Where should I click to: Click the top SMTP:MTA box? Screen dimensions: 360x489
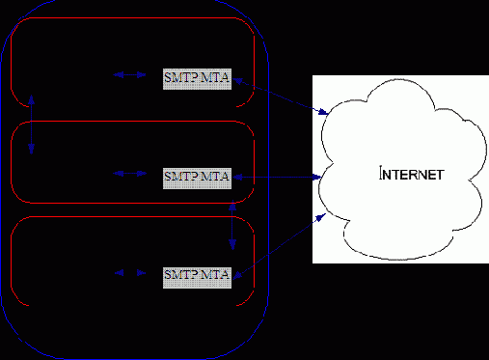(x=198, y=78)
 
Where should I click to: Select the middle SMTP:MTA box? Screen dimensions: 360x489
(x=198, y=177)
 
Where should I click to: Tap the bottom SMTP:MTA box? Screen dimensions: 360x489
(x=198, y=275)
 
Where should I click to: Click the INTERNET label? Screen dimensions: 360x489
(x=411, y=176)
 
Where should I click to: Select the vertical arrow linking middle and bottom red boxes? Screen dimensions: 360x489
(x=232, y=225)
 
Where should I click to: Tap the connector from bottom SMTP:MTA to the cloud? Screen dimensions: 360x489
(x=280, y=249)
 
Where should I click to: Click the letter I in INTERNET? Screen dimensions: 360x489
(x=382, y=176)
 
